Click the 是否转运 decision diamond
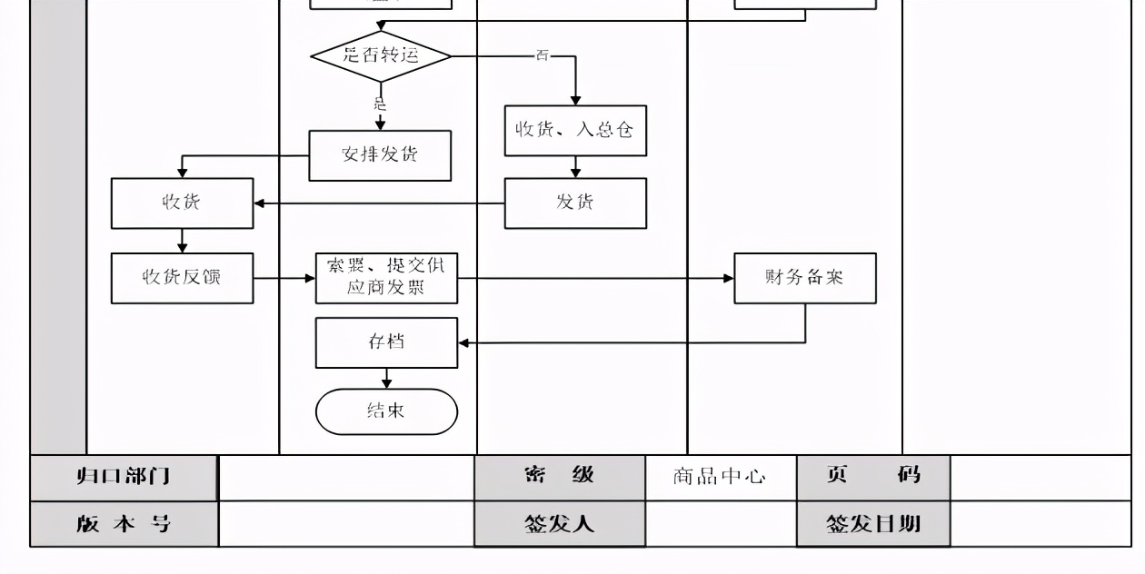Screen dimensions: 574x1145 pyautogui.click(x=381, y=55)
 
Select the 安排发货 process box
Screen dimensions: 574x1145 pyautogui.click(x=380, y=155)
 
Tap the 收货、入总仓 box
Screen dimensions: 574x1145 pyautogui.click(x=575, y=130)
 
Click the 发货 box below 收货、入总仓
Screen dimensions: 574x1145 pyautogui.click(x=575, y=203)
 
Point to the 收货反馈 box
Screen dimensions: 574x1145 pyautogui.click(x=182, y=278)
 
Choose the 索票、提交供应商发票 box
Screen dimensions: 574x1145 pyautogui.click(x=386, y=278)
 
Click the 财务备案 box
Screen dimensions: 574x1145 pyautogui.click(x=805, y=278)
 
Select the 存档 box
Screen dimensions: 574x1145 pyautogui.click(x=386, y=342)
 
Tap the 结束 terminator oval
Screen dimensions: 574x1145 pyautogui.click(x=386, y=411)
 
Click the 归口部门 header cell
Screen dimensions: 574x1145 pyautogui.click(x=124, y=477)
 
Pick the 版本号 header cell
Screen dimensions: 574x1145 pyautogui.click(x=124, y=524)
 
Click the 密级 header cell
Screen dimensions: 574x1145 pyautogui.click(x=559, y=477)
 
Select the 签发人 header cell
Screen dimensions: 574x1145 pyautogui.click(x=559, y=524)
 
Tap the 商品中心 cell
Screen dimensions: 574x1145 pyautogui.click(x=720, y=477)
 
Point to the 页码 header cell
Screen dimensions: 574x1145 pyautogui.click(x=872, y=477)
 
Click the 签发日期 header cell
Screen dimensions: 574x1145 pyautogui.click(x=872, y=524)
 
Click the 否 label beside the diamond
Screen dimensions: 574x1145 pyautogui.click(x=543, y=56)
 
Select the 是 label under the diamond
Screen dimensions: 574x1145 pyautogui.click(x=380, y=104)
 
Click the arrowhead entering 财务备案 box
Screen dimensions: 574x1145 pyautogui.click(x=729, y=278)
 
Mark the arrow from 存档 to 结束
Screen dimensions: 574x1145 pyautogui.click(x=387, y=379)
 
